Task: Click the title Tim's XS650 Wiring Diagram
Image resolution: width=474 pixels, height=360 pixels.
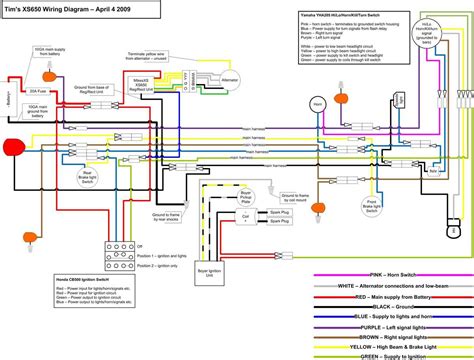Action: pyautogui.click(x=75, y=9)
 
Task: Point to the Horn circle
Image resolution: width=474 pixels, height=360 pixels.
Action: pyautogui.click(x=320, y=105)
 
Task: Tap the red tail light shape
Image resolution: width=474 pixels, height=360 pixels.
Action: pyautogui.click(x=14, y=149)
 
